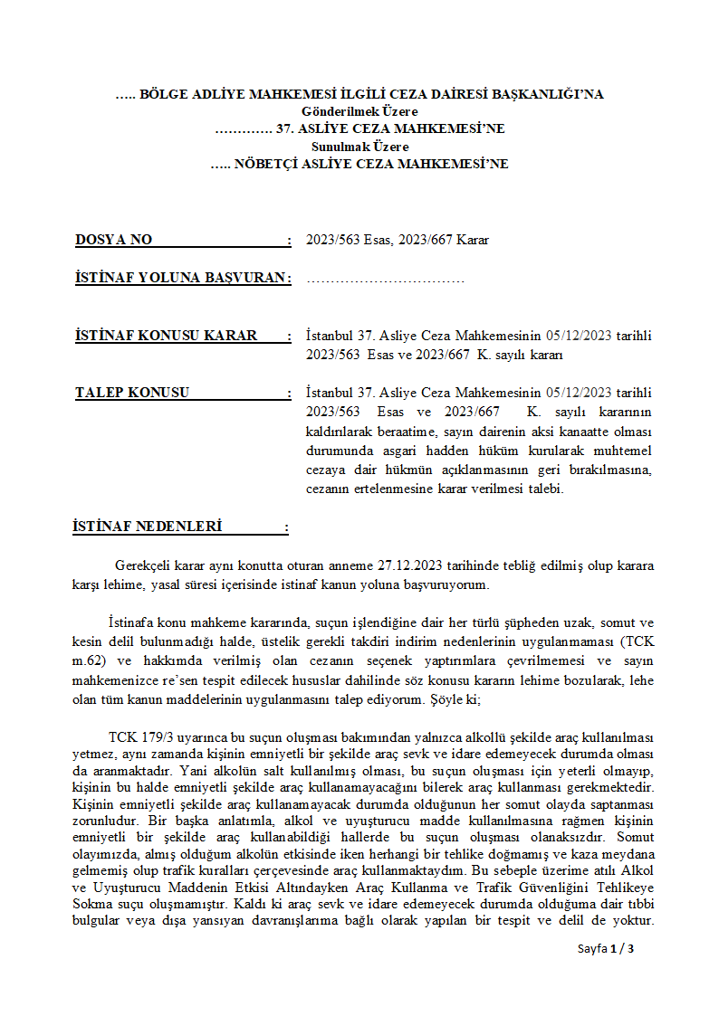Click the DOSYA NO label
[113, 241]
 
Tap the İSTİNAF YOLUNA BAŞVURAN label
[180, 278]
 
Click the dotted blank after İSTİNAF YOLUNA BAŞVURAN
[386, 279]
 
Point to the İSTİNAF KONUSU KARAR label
[166, 336]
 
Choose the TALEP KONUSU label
[132, 393]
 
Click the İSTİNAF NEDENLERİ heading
[147, 527]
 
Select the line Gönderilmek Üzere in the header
[359, 111]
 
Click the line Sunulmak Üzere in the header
[359, 147]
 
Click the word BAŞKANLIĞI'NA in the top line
[553, 94]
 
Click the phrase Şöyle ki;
[468, 700]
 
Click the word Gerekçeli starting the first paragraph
[145, 566]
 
